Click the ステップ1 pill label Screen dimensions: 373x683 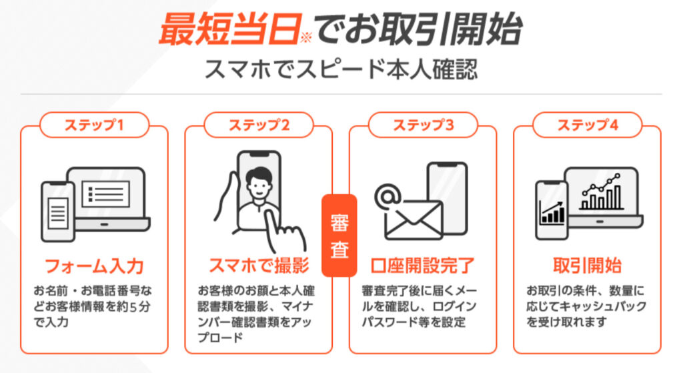[x=94, y=124]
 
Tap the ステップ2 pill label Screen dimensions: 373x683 [x=258, y=124]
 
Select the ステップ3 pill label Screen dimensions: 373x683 [x=422, y=124]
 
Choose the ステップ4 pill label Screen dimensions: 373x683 [x=587, y=124]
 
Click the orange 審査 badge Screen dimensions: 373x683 [x=340, y=236]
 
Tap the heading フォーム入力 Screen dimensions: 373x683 [x=94, y=266]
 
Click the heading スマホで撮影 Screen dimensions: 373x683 [x=258, y=266]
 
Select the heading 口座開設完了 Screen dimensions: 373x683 [x=422, y=266]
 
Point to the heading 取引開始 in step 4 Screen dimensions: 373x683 [x=587, y=266]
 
